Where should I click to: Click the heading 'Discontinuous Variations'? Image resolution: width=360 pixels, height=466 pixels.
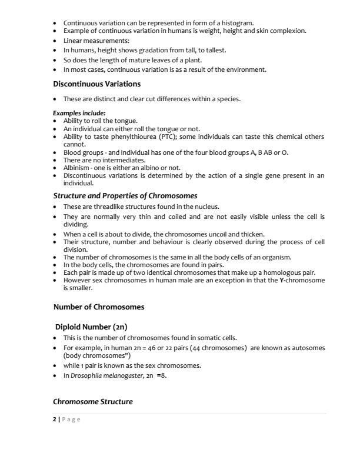(x=97, y=84)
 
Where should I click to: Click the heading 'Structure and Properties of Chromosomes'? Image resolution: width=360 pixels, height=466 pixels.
(x=125, y=195)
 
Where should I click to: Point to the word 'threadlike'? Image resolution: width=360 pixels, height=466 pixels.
(x=113, y=207)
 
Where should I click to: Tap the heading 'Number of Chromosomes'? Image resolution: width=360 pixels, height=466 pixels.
(x=99, y=307)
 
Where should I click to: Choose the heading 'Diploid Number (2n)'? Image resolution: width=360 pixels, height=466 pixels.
(x=91, y=327)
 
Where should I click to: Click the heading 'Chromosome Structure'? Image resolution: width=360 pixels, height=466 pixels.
(x=93, y=402)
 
